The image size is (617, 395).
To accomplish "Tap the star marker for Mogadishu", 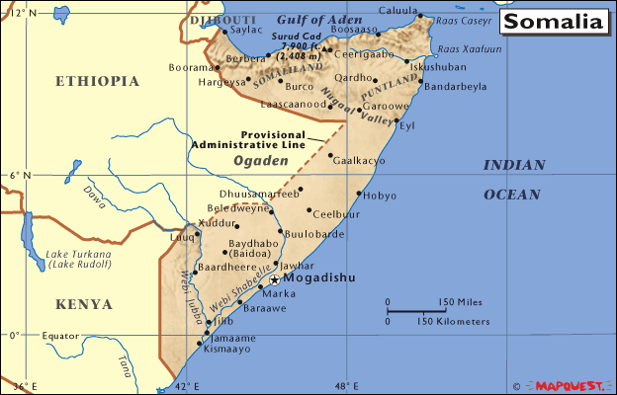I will click(275, 280).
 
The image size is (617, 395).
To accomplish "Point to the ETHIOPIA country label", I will click(96, 82).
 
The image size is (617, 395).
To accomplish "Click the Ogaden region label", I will click(254, 159).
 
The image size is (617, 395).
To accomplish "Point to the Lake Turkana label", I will click(78, 260).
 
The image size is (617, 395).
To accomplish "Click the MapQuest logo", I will click(569, 383).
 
